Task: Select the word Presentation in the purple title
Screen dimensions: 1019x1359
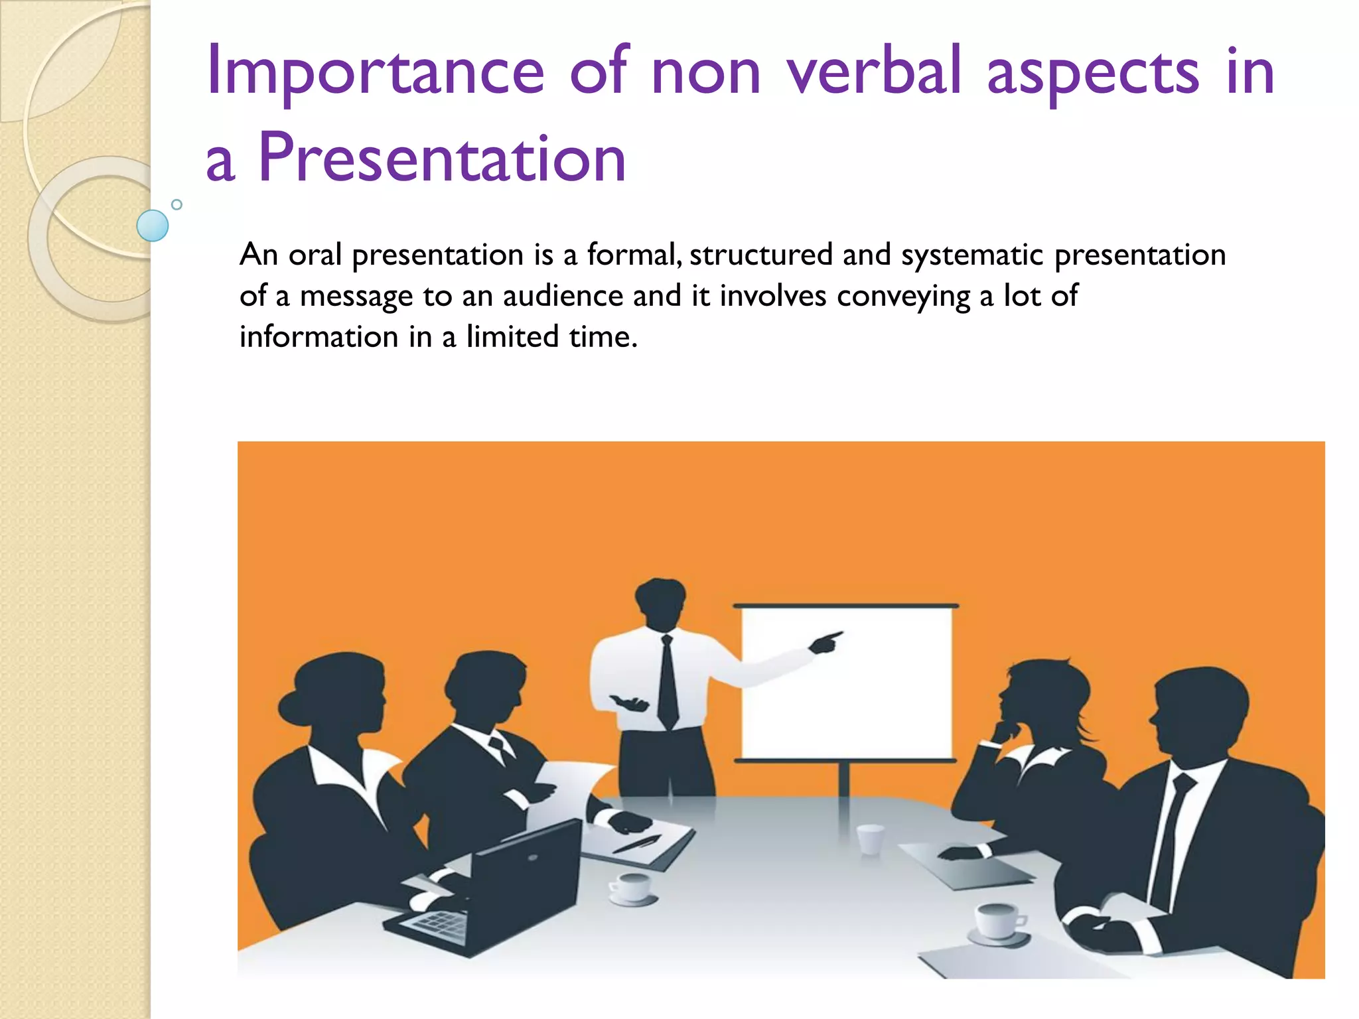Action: pos(442,158)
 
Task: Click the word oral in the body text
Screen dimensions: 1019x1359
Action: pos(315,255)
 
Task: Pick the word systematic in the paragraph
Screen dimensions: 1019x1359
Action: pos(972,255)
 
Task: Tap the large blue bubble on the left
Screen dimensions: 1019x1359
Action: pos(152,226)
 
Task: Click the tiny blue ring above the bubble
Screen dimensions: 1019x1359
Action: pos(177,204)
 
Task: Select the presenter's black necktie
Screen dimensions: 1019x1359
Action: pos(668,683)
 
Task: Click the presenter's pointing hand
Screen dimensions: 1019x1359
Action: pos(825,642)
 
